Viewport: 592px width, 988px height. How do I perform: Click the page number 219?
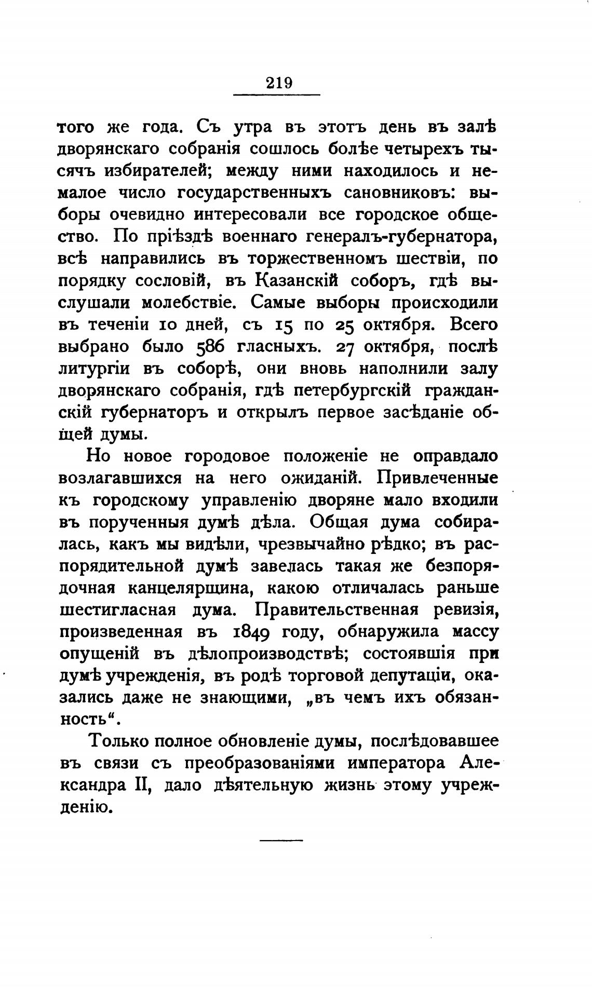pos(279,83)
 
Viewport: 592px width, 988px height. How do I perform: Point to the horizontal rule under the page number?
pos(277,94)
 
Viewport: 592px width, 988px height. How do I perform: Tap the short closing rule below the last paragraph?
pos(280,839)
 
